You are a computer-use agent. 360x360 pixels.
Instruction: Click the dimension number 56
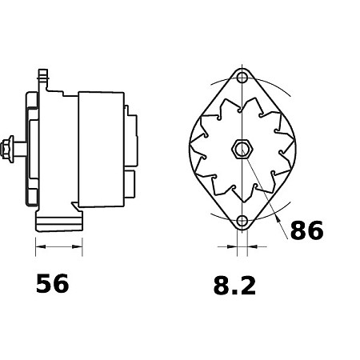(52, 284)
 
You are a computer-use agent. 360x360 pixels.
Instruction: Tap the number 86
(306, 231)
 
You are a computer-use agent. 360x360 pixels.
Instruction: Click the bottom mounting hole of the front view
(242, 220)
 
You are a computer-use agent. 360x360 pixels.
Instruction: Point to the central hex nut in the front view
(242, 149)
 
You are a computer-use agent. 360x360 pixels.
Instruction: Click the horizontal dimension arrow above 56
(59, 247)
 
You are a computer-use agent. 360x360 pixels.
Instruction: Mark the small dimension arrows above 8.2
(242, 247)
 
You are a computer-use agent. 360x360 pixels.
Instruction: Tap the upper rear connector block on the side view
(128, 120)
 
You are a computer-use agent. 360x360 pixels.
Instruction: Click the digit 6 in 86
(315, 231)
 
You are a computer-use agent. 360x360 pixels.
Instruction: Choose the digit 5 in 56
(43, 284)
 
